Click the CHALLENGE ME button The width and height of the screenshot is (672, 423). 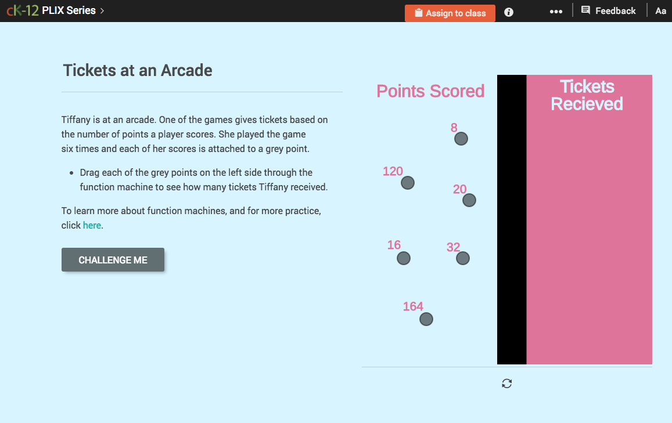(x=113, y=260)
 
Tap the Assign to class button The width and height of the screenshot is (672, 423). (x=450, y=13)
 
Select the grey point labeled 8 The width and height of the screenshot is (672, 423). (x=461, y=139)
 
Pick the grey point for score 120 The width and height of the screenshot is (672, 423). (x=408, y=183)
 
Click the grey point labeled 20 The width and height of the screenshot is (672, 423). (x=469, y=200)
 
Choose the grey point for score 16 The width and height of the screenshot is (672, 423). (x=404, y=258)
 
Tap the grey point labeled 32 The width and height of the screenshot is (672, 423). (x=463, y=258)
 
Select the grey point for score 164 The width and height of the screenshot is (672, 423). (x=426, y=319)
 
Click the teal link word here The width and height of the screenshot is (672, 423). (x=92, y=225)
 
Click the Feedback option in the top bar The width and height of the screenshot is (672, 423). (x=609, y=10)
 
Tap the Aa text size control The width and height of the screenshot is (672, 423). (x=660, y=10)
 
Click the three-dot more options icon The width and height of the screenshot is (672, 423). (x=556, y=12)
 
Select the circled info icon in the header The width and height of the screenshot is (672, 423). (x=509, y=12)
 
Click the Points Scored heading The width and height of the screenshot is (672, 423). (x=430, y=91)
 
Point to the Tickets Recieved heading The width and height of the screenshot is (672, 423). (x=587, y=95)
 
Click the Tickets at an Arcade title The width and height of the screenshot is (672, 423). (x=138, y=71)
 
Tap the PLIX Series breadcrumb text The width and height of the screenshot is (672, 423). (x=69, y=10)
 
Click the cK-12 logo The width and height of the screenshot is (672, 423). (x=23, y=10)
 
